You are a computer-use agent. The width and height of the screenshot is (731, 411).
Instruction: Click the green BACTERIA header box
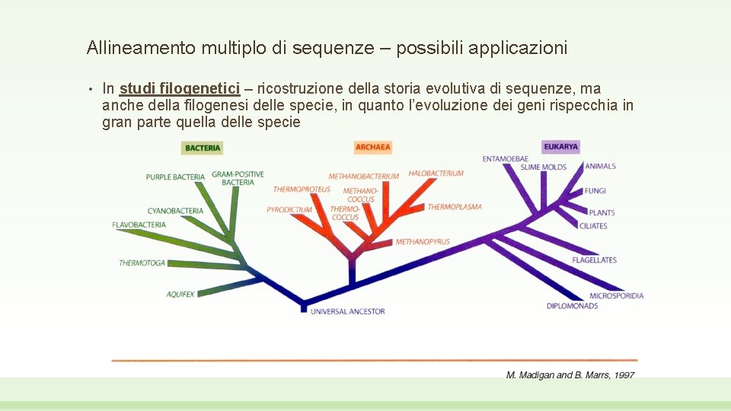tap(203, 148)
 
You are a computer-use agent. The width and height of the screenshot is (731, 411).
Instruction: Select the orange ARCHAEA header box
tap(373, 147)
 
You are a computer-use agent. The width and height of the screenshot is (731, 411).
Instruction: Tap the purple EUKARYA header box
tap(561, 146)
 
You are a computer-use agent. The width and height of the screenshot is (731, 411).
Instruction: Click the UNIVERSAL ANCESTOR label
tap(347, 311)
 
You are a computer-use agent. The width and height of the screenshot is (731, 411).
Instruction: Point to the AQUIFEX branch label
tap(180, 294)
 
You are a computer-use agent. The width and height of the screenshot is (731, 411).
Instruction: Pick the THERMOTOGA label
tap(142, 263)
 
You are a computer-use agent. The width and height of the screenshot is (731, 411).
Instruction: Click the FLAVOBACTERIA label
tap(139, 225)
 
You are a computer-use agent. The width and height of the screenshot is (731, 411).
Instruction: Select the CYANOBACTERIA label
tap(175, 211)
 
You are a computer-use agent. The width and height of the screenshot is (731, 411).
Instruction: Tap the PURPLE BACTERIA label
tap(175, 177)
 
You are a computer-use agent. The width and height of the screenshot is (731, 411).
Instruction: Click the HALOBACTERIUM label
tap(436, 174)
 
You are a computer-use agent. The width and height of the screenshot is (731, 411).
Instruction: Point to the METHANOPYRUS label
tap(423, 242)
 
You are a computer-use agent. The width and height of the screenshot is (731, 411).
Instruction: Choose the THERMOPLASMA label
tap(455, 207)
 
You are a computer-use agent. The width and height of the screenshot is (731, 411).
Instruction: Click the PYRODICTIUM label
tap(289, 210)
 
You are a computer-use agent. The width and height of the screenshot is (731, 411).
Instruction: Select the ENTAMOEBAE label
tap(505, 159)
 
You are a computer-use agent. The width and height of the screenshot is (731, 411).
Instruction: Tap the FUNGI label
tap(595, 191)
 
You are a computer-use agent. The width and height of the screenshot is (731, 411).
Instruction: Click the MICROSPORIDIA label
tap(616, 296)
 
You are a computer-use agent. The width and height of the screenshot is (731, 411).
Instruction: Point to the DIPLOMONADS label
tap(572, 306)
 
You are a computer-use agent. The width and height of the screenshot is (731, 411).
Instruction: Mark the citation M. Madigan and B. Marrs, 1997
tap(570, 374)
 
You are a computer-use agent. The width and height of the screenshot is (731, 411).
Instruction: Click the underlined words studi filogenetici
tap(180, 89)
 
